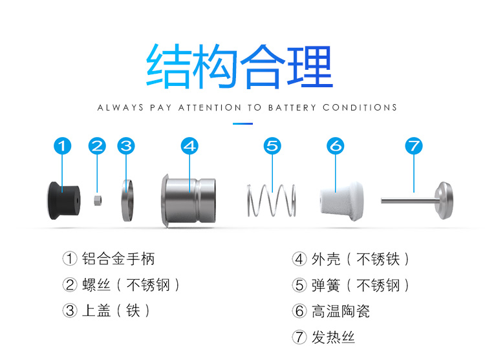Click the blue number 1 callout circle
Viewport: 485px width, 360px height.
63,146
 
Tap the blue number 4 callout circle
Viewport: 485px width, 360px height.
189,146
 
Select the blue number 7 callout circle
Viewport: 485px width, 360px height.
414,146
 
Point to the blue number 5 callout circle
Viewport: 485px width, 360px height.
272,146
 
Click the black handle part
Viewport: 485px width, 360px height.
64,200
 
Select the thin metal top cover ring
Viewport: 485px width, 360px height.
127,200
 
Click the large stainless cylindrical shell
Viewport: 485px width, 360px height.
188,201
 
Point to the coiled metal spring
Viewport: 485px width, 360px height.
272,200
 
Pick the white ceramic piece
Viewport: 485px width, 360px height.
341,201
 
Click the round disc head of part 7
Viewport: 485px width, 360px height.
444,200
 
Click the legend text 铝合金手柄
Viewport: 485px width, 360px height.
118,259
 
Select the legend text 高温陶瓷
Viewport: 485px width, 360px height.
341,311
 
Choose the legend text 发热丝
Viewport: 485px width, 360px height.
333,337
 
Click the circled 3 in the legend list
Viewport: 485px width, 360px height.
70,311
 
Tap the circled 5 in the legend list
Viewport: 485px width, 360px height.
299,285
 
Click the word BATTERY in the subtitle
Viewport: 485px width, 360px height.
292,107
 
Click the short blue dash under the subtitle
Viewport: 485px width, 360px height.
242,123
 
